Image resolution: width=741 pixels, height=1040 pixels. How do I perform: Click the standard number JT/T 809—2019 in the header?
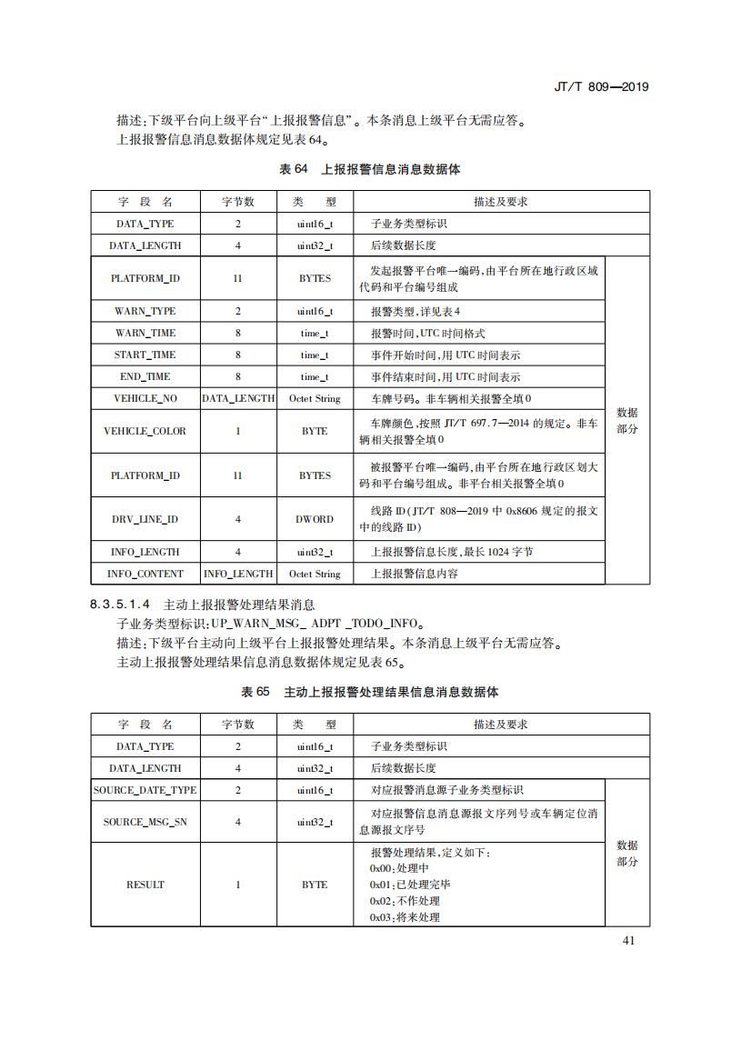[x=600, y=87]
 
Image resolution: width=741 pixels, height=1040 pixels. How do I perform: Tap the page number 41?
[x=628, y=940]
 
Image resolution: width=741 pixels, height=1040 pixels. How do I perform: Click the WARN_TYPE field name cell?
[x=145, y=311]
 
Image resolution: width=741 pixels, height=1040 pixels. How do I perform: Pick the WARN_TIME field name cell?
[x=145, y=333]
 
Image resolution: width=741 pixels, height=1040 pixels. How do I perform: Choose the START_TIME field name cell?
[x=145, y=355]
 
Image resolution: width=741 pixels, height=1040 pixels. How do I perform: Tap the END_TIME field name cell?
[x=145, y=376]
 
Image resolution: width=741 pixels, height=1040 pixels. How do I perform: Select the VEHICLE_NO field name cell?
[x=145, y=398]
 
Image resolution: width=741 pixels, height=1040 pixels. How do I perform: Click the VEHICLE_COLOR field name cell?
[x=145, y=431]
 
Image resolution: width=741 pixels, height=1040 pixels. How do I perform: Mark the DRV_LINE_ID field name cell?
[x=145, y=519]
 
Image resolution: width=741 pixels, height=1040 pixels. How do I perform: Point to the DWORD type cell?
[x=315, y=519]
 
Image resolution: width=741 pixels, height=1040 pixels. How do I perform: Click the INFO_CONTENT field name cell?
[x=145, y=574]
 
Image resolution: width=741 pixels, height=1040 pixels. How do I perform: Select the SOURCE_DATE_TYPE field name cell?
[x=145, y=790]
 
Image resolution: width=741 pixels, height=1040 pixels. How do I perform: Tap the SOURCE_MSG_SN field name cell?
[x=145, y=822]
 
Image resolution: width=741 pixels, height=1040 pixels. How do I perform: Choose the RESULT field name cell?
[x=145, y=885]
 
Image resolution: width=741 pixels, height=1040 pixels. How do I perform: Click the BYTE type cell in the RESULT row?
[x=315, y=885]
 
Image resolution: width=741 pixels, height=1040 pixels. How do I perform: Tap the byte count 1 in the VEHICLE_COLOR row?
[x=238, y=431]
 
